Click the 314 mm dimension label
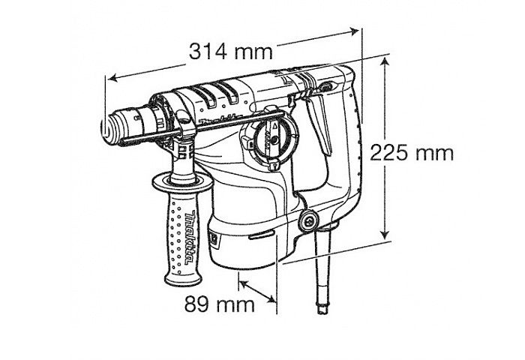coord(231,52)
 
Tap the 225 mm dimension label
coord(412,153)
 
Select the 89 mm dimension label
coord(220,304)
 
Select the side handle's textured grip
coord(183,238)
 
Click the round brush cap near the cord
coord(308,221)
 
